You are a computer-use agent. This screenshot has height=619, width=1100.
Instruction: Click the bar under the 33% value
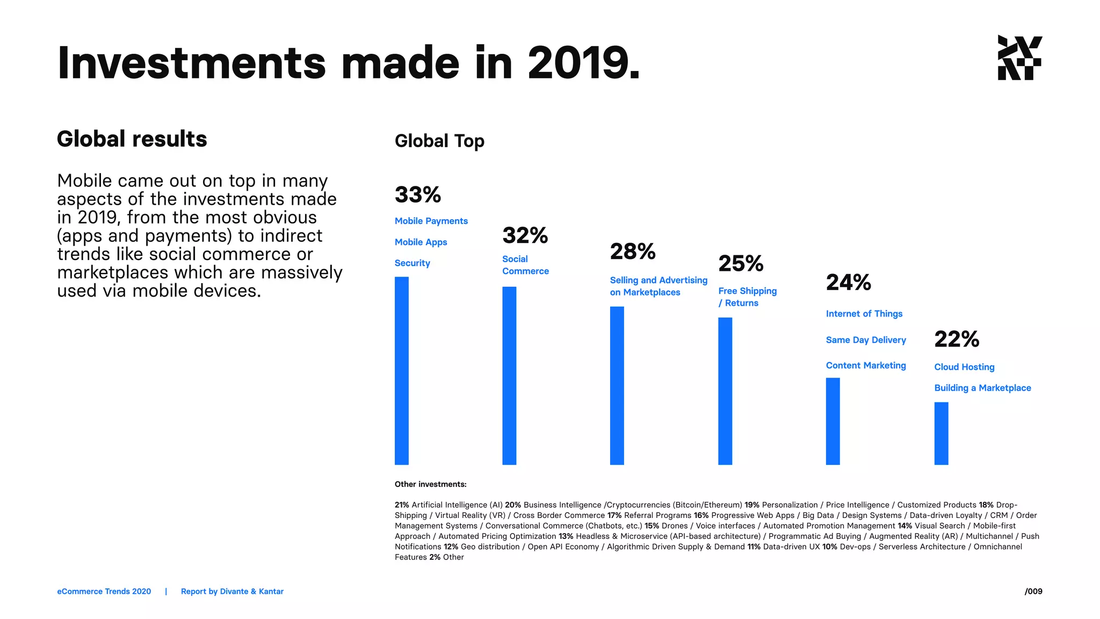tap(401, 371)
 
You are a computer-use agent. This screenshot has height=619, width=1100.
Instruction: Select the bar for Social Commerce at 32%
tap(509, 376)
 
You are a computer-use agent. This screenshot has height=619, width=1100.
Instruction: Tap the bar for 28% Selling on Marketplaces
tap(617, 385)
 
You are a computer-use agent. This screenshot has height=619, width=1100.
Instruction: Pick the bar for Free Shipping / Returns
tap(725, 391)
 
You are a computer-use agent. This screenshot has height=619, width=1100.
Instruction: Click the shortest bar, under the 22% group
tap(941, 433)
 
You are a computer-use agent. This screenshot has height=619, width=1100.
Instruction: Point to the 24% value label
tap(848, 282)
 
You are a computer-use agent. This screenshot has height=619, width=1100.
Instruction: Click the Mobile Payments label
tap(431, 221)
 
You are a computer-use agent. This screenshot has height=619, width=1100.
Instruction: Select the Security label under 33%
tap(412, 263)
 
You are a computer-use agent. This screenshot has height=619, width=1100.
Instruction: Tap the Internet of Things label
tap(864, 313)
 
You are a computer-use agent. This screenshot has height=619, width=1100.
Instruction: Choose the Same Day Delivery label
tap(865, 340)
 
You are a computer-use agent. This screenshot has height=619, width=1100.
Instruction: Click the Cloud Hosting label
tap(964, 367)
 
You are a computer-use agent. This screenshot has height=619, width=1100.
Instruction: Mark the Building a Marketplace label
tap(982, 388)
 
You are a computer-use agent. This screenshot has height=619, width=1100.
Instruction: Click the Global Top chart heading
tap(439, 141)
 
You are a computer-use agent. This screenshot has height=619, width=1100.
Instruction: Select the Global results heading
tap(132, 139)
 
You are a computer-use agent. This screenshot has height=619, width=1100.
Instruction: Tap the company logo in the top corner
tap(1019, 58)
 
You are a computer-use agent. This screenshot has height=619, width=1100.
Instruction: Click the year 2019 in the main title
tap(583, 63)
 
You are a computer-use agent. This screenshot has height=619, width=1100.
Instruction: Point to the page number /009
tap(1033, 591)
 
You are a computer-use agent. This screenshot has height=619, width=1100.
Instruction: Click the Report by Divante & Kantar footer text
tap(232, 591)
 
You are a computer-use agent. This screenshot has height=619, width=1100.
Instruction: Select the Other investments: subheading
tap(430, 484)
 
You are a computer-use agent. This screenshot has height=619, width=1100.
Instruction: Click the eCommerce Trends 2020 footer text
tap(104, 591)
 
